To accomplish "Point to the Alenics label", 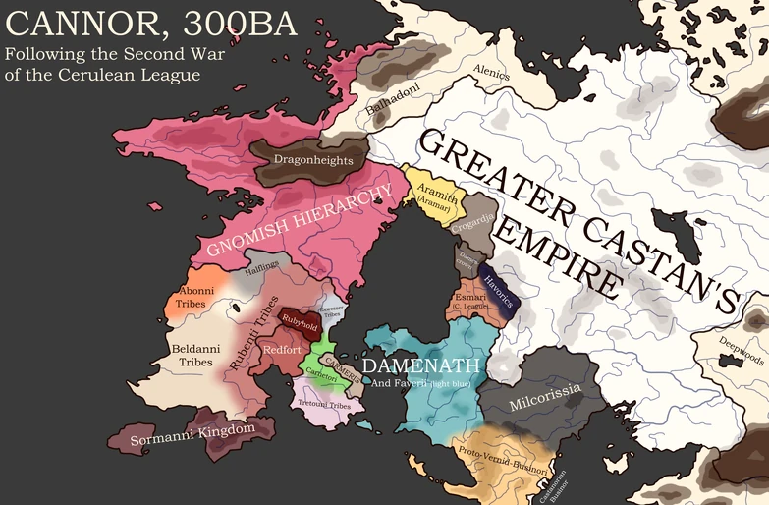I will [x=492, y=71].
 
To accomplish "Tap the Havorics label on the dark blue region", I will [x=490, y=282].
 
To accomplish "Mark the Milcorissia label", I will [x=546, y=395].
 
